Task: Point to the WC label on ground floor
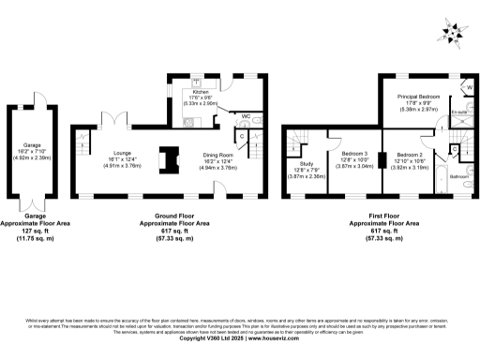pos(245,117)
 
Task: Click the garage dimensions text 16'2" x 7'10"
pos(34,150)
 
